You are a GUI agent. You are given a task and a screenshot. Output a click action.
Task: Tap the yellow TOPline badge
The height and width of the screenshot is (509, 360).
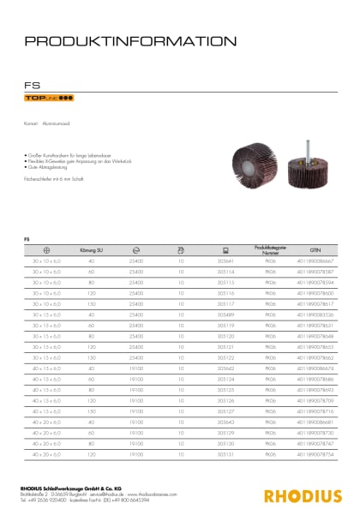coord(43,99)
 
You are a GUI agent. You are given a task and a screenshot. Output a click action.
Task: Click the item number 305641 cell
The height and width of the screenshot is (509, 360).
coord(226,259)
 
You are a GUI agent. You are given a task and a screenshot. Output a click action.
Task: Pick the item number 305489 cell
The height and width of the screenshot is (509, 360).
coord(226,315)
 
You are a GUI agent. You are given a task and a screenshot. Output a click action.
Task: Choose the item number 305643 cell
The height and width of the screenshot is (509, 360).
coord(226,422)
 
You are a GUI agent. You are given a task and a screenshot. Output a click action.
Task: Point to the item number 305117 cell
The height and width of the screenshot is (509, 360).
coord(226,303)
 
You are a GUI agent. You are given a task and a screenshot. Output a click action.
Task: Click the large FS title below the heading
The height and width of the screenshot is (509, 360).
coord(32,85)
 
